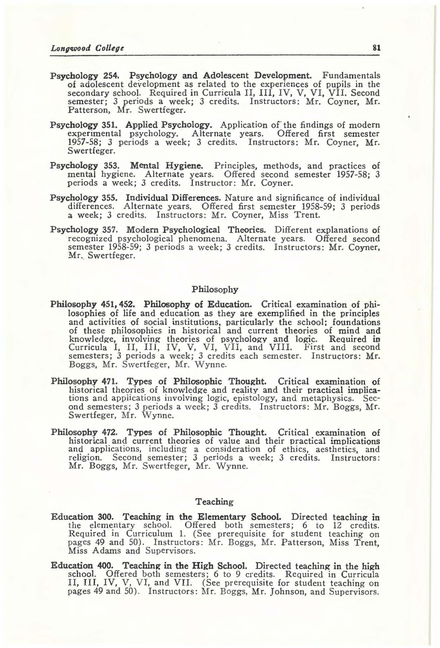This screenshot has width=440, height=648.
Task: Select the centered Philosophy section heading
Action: pos(215,290)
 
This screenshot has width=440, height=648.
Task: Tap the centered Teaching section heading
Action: pos(214,502)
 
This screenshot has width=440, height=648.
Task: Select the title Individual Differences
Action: pos(173,198)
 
